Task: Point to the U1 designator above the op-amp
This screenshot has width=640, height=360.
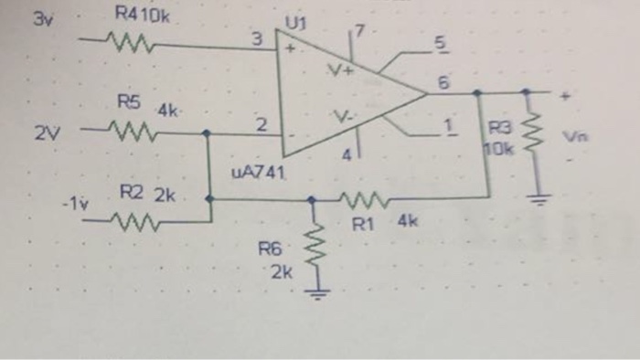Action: tap(295, 21)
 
